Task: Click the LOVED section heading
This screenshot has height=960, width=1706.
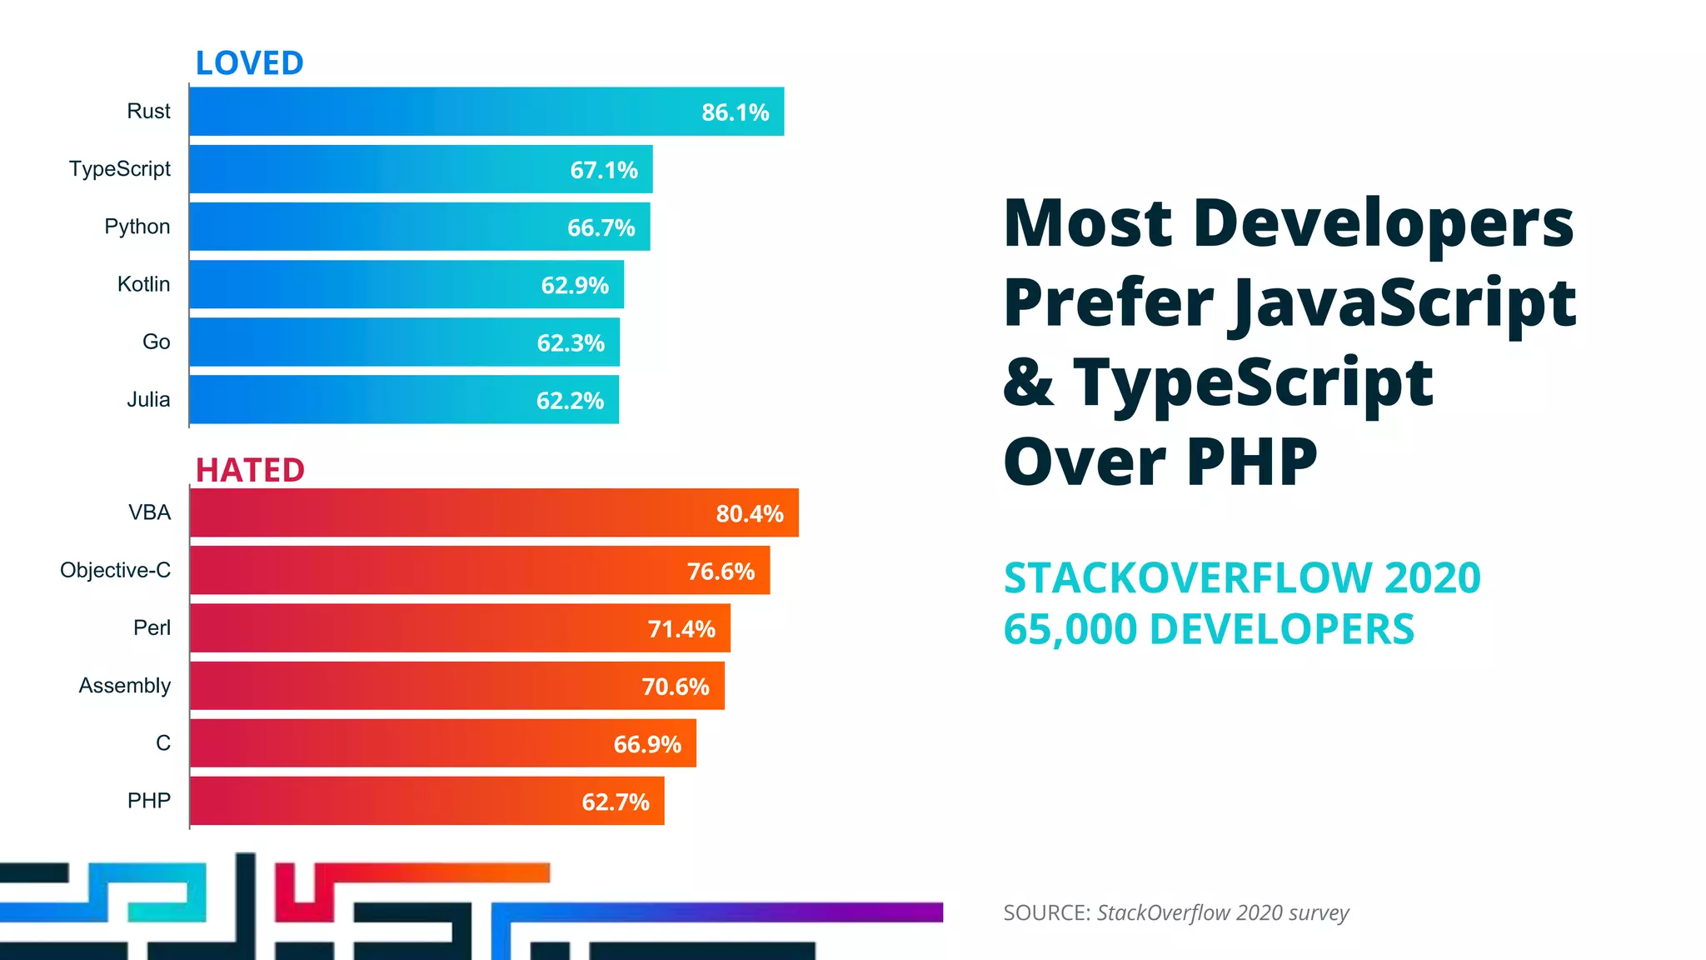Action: click(249, 63)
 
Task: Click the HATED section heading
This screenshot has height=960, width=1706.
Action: click(250, 470)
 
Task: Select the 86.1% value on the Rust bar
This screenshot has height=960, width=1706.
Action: click(735, 112)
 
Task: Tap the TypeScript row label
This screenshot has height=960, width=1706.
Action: click(119, 169)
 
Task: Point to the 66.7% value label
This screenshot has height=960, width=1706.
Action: click(601, 227)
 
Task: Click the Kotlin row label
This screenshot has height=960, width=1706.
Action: click(143, 284)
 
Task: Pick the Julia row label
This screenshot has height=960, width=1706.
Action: click(148, 400)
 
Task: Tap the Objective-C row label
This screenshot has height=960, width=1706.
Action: click(115, 571)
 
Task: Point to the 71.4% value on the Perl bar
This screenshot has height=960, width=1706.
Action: click(681, 629)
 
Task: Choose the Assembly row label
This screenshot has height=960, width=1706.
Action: click(124, 686)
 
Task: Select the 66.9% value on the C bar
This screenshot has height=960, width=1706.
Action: click(647, 744)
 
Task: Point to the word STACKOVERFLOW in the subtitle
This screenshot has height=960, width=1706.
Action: click(1188, 578)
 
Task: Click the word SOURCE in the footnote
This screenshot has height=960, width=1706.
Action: click(1045, 913)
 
